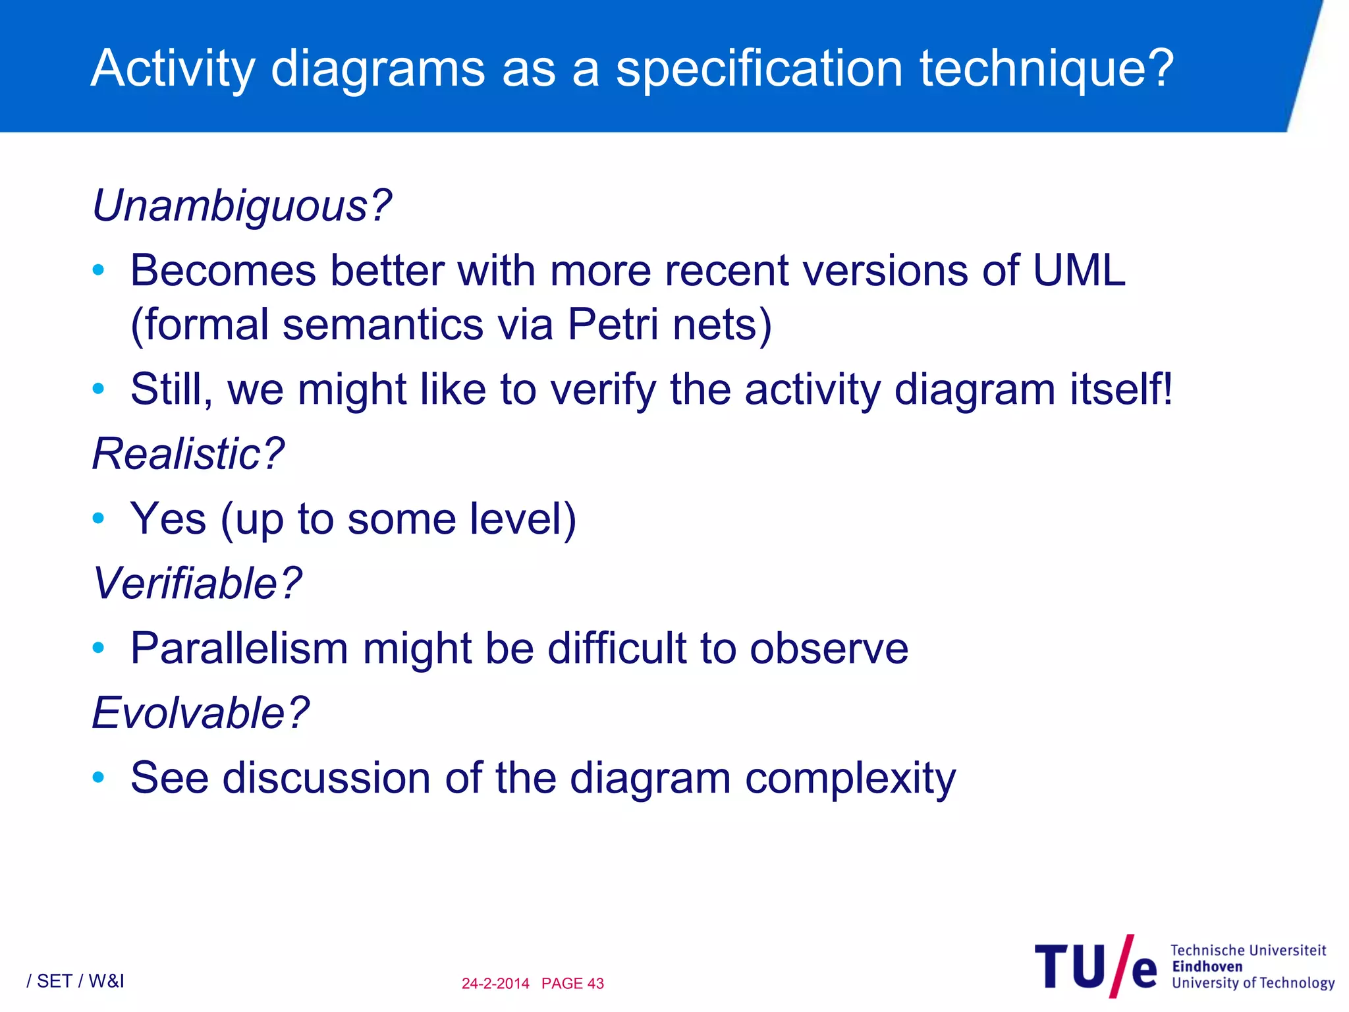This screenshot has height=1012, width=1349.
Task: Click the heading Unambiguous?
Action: (x=242, y=206)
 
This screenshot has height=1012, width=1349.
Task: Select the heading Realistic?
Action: (x=188, y=454)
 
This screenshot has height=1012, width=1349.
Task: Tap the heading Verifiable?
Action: (x=197, y=584)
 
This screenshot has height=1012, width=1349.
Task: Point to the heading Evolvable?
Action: (x=200, y=713)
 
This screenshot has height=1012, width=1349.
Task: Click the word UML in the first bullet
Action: (x=1079, y=271)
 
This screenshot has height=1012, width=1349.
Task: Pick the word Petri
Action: (x=613, y=325)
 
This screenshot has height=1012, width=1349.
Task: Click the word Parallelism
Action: (x=239, y=648)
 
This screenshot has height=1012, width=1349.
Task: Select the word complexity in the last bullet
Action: (x=850, y=778)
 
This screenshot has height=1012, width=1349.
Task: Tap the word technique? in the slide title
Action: (x=1047, y=68)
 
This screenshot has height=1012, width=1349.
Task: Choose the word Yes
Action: (x=169, y=519)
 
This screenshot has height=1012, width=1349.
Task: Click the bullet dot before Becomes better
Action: (x=99, y=270)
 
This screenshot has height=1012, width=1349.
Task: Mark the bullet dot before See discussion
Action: (x=99, y=777)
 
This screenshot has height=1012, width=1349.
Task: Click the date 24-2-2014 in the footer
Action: (x=495, y=984)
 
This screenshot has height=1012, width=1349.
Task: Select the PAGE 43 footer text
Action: (x=572, y=984)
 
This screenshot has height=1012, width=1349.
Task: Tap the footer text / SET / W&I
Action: (x=75, y=982)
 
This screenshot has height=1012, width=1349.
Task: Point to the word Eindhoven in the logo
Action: (x=1207, y=967)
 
